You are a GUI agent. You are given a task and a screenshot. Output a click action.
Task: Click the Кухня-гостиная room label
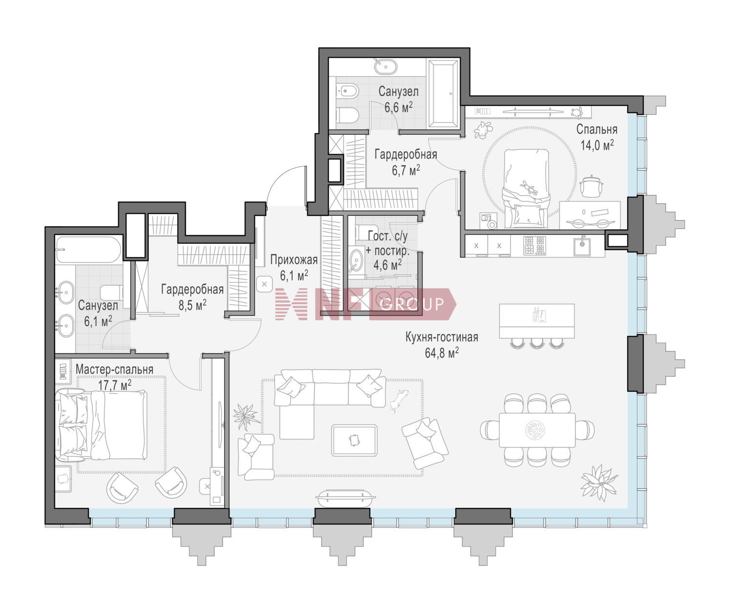[x=442, y=337]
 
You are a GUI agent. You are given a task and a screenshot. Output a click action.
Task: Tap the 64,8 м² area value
[x=442, y=353]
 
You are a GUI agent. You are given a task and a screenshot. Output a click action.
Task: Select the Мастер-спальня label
[x=114, y=369]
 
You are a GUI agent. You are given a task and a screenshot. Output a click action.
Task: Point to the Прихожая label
[x=294, y=260]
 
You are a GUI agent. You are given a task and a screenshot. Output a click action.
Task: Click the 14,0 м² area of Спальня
[x=597, y=145]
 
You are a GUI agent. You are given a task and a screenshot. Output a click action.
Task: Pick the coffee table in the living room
[x=354, y=440]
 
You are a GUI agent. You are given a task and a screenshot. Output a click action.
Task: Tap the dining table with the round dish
[x=537, y=430]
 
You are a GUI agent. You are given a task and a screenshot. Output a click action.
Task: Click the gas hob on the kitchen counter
[x=535, y=245]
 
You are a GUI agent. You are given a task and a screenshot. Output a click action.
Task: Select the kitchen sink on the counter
[x=582, y=246]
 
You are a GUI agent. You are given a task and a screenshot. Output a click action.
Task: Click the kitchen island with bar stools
[x=537, y=321]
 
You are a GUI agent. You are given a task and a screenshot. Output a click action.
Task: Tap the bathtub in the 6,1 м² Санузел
[x=88, y=250]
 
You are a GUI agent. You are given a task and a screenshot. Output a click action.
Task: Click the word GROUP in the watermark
[x=412, y=304]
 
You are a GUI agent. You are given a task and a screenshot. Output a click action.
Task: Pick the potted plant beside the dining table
[x=599, y=483]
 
